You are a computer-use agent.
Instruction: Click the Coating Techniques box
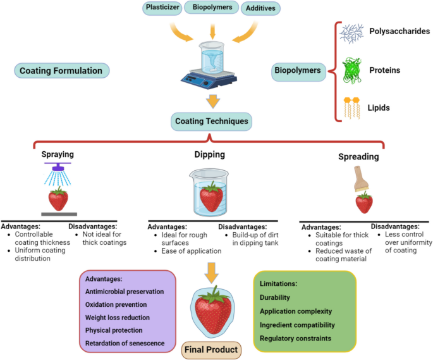click(x=212, y=120)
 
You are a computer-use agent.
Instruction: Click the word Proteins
click(x=386, y=71)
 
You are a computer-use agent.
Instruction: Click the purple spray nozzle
click(x=58, y=166)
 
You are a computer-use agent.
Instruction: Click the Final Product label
click(x=211, y=349)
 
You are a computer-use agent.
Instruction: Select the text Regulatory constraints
click(x=295, y=338)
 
